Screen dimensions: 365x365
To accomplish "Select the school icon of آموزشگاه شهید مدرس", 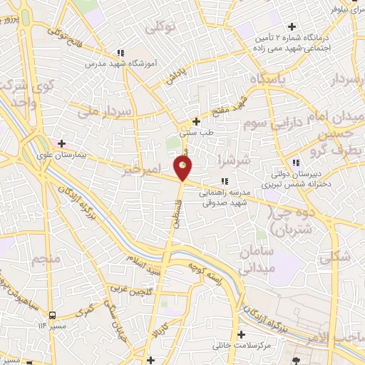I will tap(122, 53).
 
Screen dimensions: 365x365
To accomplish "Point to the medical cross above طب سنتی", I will tap(197, 120).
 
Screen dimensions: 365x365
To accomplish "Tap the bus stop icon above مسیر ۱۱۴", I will tap(52, 313).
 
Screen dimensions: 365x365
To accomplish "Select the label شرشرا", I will tap(235, 159).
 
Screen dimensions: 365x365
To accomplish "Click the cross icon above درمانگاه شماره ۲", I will tap(292, 26).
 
